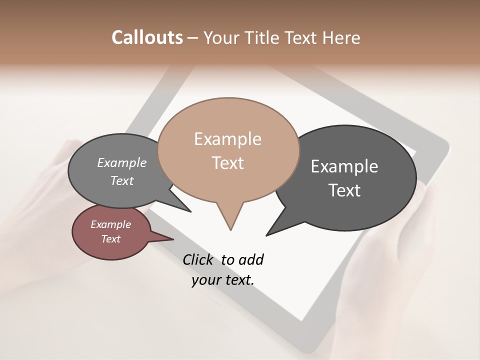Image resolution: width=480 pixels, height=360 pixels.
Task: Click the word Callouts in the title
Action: click(147, 37)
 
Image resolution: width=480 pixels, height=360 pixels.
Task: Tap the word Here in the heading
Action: click(341, 37)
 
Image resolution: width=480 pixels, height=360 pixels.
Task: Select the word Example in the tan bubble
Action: click(227, 139)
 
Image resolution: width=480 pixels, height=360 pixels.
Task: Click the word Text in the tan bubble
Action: click(227, 163)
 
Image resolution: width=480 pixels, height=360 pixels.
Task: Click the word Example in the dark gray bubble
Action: click(344, 166)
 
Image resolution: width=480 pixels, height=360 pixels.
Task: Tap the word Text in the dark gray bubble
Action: click(344, 190)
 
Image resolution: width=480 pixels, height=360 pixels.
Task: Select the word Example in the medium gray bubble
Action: click(122, 163)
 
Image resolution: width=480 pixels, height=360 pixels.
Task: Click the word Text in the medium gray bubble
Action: click(122, 181)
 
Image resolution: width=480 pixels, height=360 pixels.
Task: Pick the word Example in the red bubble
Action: click(110, 224)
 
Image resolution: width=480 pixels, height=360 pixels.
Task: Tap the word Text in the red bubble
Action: click(110, 239)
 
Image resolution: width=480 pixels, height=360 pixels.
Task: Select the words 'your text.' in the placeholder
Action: click(223, 280)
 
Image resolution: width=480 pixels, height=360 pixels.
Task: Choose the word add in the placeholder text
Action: click(251, 259)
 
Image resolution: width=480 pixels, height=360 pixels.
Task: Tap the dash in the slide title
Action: click(193, 38)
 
